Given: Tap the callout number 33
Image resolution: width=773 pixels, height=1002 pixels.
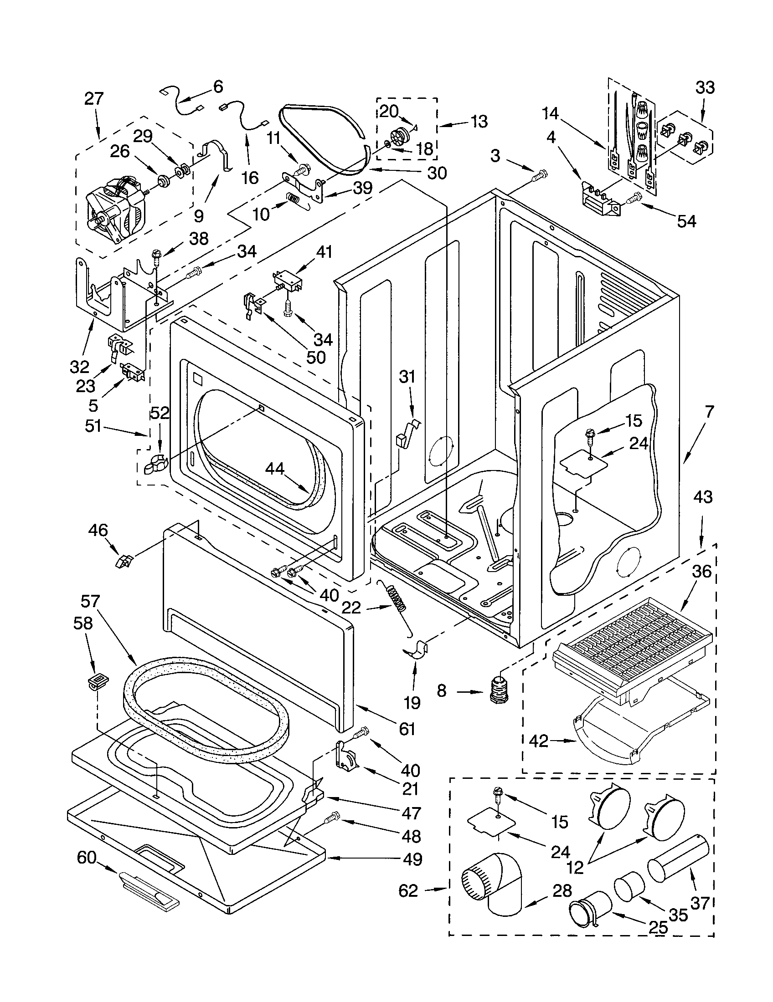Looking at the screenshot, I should [705, 87].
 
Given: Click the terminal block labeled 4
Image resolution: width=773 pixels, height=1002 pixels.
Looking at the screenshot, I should [599, 200].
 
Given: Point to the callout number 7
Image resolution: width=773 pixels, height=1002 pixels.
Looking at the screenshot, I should [709, 413].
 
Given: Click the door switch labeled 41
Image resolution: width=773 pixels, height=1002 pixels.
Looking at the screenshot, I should [287, 279].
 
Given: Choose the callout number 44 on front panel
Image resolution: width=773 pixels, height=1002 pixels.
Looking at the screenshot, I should [274, 468].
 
